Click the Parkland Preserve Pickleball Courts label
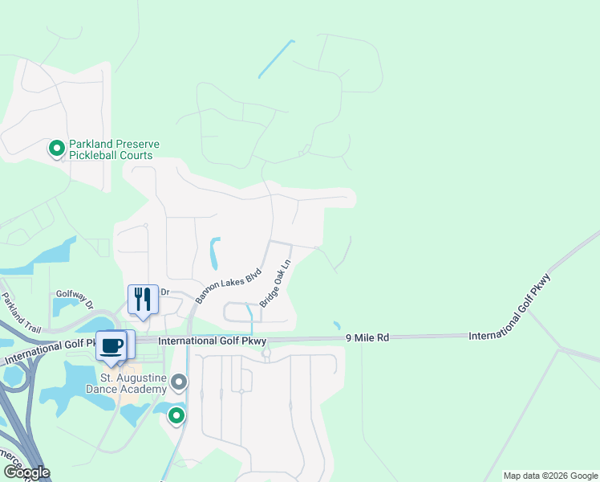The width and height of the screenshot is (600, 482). coord(114,149)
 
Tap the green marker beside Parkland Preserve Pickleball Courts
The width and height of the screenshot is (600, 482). coord(57,149)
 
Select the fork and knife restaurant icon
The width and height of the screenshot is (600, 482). coord(143,300)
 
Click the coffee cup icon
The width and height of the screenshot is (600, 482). coord(112,346)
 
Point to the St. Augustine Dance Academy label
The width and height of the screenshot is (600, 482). coord(133,382)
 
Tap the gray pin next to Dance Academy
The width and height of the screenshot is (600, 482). coord(180,381)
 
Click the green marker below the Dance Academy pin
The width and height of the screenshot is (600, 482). coord(176,415)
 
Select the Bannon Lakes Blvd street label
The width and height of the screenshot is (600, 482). coord(229,285)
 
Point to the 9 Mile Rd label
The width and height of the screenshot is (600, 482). coord(367,338)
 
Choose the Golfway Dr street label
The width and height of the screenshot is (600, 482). coord(75,299)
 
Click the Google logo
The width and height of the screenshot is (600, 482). coord(26,472)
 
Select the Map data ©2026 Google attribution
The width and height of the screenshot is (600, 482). coord(550,476)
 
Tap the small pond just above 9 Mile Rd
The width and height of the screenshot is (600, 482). coord(336,325)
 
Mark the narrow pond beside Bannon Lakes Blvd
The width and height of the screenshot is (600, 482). coord(214,253)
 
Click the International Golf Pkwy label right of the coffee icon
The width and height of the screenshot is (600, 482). coord(212,341)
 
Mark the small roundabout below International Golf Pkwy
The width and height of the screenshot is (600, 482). coord(266,353)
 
